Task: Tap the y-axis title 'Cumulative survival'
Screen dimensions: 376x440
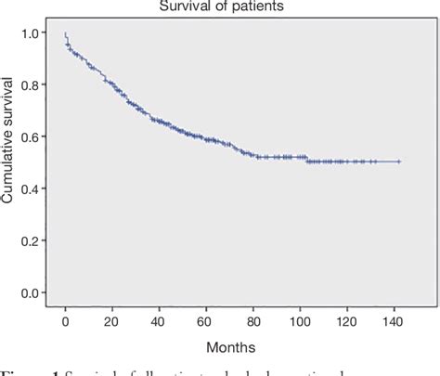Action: [x=10, y=162]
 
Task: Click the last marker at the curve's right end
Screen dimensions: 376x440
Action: [x=399, y=162]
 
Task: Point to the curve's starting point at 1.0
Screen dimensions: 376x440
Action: [x=65, y=34]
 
